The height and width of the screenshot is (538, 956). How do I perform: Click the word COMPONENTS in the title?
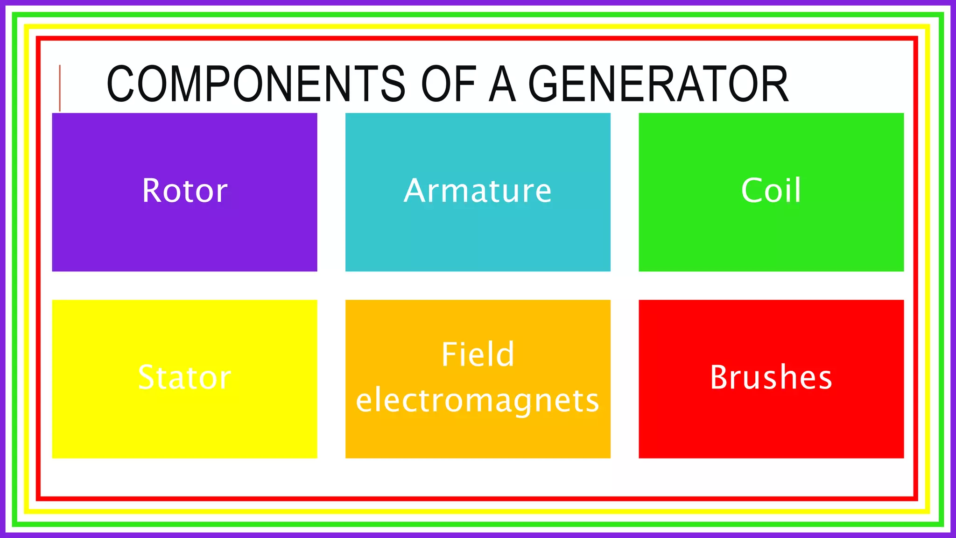(x=256, y=84)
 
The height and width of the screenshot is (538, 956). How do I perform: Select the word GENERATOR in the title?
(x=658, y=84)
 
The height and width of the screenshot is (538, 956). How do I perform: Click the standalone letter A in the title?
(x=502, y=84)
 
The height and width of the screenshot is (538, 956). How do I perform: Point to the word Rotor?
(x=185, y=191)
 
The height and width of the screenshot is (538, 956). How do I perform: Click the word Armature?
(x=478, y=191)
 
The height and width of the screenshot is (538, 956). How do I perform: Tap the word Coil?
(x=771, y=191)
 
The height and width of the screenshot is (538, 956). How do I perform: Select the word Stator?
(x=185, y=377)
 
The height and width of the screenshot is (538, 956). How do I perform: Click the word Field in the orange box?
(x=478, y=354)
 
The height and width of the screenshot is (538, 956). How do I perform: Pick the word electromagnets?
(x=478, y=401)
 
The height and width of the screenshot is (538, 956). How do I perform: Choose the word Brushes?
(x=771, y=377)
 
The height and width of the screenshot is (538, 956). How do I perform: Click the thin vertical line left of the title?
(x=60, y=88)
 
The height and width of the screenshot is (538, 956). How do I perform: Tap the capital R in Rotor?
(x=151, y=191)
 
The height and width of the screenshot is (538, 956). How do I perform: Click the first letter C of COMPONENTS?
(x=121, y=84)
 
